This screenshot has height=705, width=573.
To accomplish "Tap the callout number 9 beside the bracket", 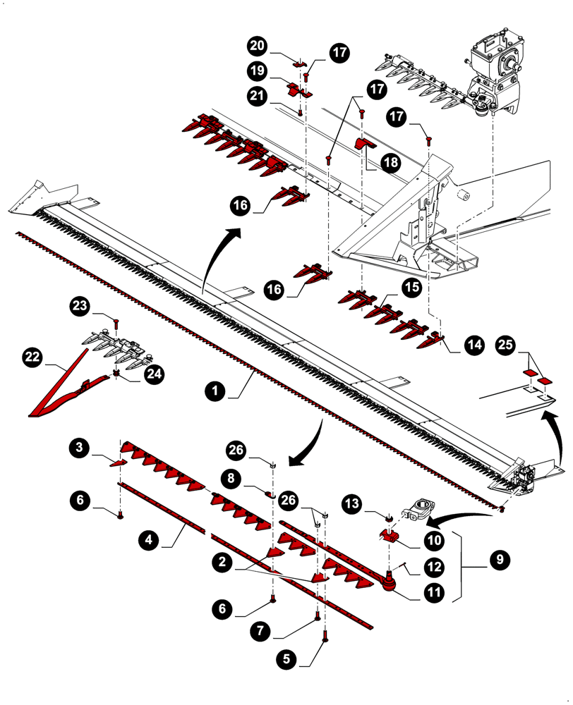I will pyautogui.click(x=500, y=560).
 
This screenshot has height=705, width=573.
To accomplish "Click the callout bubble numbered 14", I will pyautogui.click(x=474, y=345).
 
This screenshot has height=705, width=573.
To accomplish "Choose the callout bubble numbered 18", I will pyautogui.click(x=390, y=162).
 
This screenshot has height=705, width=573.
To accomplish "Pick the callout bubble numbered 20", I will pyautogui.click(x=257, y=46).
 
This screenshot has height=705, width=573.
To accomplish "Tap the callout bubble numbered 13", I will pyautogui.click(x=354, y=503).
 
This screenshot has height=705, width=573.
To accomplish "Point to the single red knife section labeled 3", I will pyautogui.click(x=117, y=462).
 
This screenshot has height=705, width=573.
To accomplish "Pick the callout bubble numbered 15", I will pyautogui.click(x=411, y=286).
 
